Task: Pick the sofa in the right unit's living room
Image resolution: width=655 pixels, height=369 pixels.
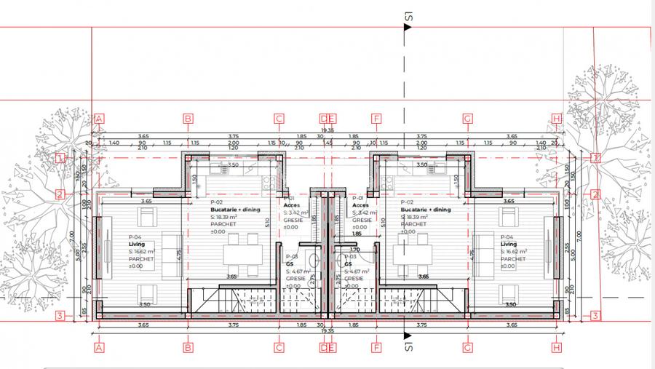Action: (482, 251)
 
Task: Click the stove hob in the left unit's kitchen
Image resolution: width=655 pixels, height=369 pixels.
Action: (268, 182)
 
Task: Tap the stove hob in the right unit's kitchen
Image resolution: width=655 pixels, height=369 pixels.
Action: (388, 182)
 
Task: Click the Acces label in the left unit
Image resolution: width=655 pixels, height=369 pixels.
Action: (290, 205)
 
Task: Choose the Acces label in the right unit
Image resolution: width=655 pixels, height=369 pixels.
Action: (360, 205)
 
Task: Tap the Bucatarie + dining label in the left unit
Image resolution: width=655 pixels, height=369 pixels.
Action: (234, 210)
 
